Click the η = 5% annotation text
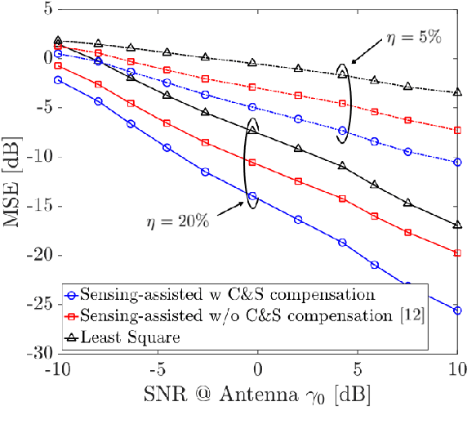[413, 39]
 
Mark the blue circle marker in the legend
[75, 294]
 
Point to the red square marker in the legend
[75, 315]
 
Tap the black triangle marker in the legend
[75, 336]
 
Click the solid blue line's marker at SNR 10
[457, 310]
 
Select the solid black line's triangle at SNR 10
[457, 225]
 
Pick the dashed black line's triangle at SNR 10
[457, 92]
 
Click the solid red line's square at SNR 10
[457, 253]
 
